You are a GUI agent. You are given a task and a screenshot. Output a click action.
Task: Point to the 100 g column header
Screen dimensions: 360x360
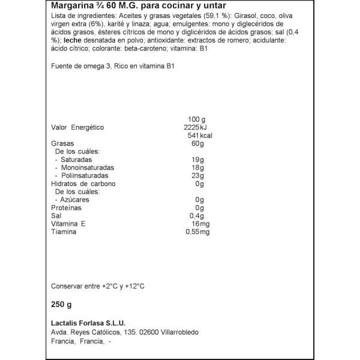tap(196, 119)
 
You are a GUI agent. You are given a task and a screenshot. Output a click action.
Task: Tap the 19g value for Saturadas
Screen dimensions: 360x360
tap(199, 160)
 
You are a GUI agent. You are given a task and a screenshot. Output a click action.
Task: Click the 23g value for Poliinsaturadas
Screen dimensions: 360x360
tap(199, 176)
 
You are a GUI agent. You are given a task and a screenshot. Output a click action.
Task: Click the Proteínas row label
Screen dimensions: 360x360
tap(67, 208)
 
